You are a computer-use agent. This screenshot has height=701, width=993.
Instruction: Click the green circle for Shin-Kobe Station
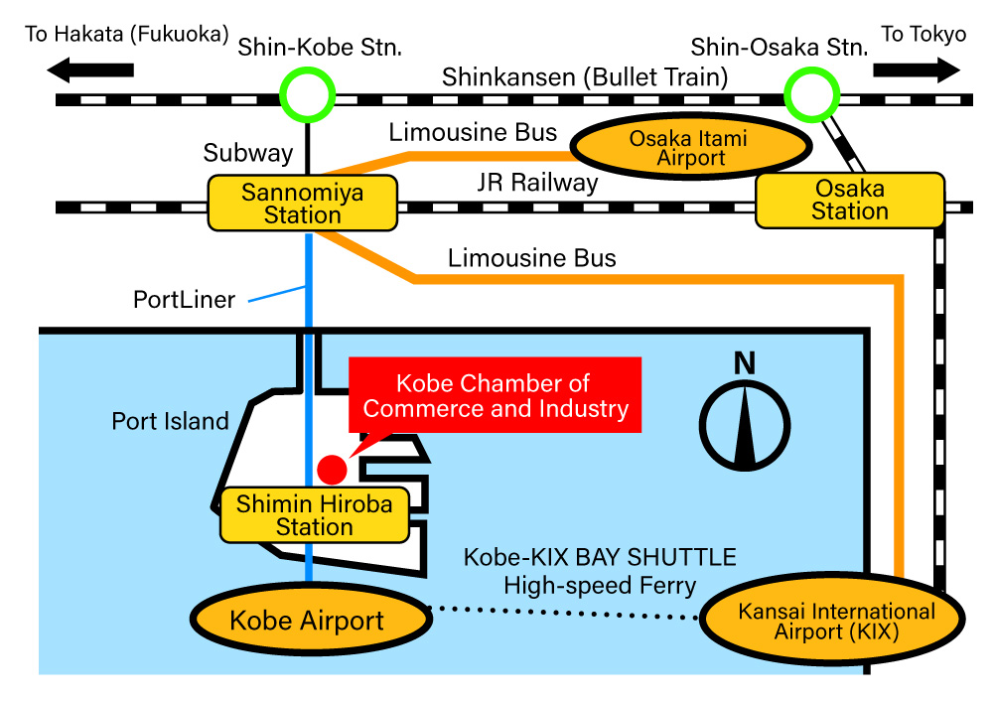[x=306, y=95]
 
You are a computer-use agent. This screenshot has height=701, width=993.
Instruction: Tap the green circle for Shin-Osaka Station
[x=811, y=94]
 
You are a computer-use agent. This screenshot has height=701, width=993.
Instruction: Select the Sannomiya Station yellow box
[x=302, y=204]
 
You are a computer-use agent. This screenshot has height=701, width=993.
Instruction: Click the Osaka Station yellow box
[x=849, y=200]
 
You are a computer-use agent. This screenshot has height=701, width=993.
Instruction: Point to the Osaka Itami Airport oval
[x=688, y=148]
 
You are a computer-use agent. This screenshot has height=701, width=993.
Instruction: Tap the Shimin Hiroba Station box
[x=314, y=515]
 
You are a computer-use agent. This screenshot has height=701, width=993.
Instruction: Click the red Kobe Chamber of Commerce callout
[x=496, y=395]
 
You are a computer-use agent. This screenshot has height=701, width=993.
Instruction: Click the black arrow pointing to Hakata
[x=90, y=70]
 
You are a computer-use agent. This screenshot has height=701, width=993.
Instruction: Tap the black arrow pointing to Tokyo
[x=916, y=70]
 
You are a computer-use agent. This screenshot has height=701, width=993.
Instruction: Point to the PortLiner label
[x=185, y=299]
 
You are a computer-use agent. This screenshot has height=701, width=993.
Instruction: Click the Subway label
[x=248, y=153]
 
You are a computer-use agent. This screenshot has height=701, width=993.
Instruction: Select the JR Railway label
[x=537, y=183]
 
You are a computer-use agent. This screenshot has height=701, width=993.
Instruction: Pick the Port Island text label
[x=170, y=421]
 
